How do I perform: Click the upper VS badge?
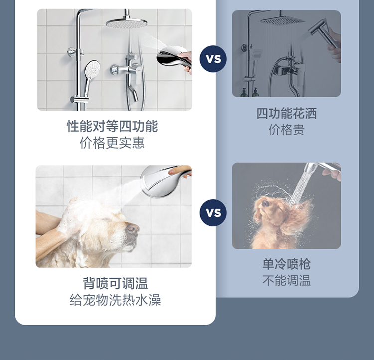coord(213,59)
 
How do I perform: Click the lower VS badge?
coord(213,212)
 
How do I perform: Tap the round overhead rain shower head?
coord(127,23)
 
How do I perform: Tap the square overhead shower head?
coord(282,20)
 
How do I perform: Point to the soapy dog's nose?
coord(133,228)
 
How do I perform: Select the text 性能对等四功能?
coord(112,126)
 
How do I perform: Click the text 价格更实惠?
coord(112,143)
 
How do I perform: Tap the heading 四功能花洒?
coord(286,113)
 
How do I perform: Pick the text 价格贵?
coord(286,130)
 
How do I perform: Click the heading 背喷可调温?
coord(115,283)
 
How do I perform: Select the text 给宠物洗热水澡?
coord(115,300)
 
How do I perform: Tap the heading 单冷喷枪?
coord(286,264)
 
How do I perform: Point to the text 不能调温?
coord(286,280)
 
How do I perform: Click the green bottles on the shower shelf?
coord(250,92)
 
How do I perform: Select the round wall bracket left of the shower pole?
coord(71,52)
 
